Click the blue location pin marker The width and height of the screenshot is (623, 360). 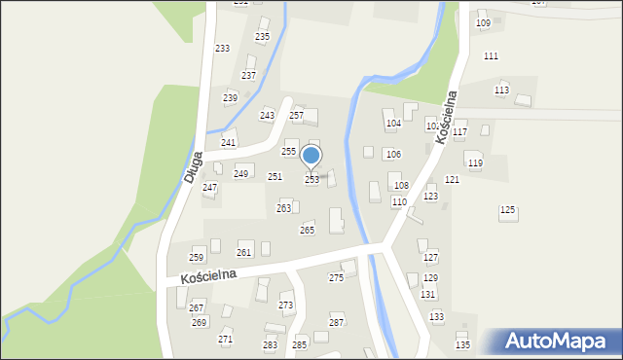click(311, 156)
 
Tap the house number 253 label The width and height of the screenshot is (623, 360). click(311, 180)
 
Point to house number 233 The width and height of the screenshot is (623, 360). click(222, 49)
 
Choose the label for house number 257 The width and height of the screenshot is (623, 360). click(296, 116)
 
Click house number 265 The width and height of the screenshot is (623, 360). click(307, 231)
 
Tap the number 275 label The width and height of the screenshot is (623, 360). click(336, 278)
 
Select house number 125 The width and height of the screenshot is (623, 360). click(507, 210)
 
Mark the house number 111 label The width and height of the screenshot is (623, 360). click(491, 56)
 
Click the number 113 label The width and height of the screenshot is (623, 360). click(501, 90)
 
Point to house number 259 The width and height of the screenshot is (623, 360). click(196, 258)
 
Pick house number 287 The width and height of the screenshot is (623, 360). click(337, 322)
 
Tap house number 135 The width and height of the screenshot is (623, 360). click(462, 345)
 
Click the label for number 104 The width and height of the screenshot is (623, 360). click(393, 124)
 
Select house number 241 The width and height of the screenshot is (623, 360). click(228, 143)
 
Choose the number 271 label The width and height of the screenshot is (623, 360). click(225, 339)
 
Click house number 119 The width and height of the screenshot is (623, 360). click(475, 163)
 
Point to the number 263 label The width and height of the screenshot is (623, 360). click(283, 208)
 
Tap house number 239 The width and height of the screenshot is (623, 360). click(230, 98)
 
